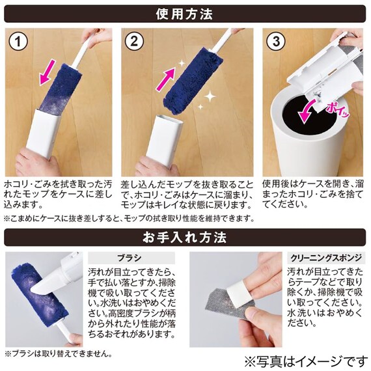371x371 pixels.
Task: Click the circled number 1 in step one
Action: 18,41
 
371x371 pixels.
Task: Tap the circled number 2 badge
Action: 134,41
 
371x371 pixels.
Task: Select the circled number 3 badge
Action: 276,41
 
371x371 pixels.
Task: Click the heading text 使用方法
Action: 184,14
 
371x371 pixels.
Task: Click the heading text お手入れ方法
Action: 185,238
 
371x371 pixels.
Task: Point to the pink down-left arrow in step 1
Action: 48,72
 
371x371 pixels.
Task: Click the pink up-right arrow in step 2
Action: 166,79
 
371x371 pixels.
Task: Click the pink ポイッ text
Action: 338,110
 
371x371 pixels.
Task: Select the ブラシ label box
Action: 131,258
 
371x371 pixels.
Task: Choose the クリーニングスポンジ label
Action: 326,258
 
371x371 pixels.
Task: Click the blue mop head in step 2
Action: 186,81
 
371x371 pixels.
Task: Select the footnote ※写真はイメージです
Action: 306,361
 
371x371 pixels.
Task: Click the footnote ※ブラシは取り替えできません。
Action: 58,354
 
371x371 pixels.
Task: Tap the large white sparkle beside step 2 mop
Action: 210,96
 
